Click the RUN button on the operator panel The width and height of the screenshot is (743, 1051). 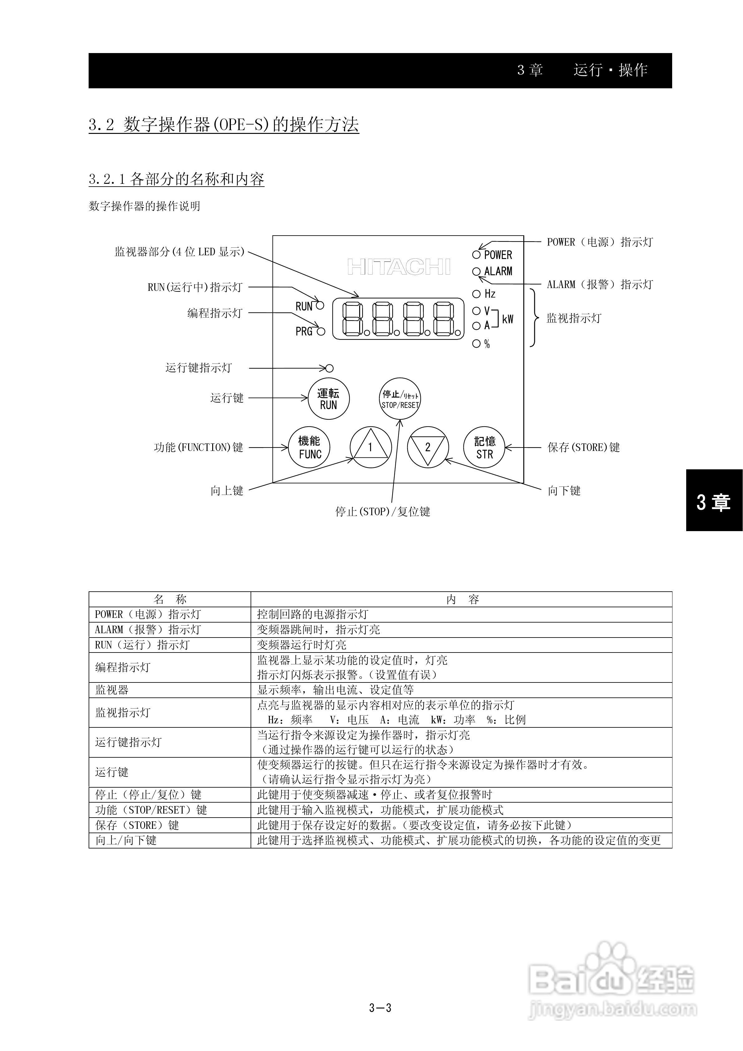click(x=328, y=399)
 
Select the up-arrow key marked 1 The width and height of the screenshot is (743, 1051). click(x=370, y=447)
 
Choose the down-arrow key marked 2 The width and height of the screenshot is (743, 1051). click(x=428, y=447)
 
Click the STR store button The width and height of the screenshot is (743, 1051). click(x=484, y=447)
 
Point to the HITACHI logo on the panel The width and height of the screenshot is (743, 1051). click(x=399, y=267)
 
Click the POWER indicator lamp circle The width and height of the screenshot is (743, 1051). click(x=476, y=255)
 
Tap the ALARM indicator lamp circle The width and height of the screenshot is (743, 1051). click(x=476, y=271)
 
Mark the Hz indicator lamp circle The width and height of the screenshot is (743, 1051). click(x=476, y=294)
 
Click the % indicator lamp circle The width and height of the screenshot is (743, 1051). click(x=476, y=343)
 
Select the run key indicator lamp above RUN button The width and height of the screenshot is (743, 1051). click(x=330, y=368)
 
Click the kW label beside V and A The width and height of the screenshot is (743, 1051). click(x=507, y=319)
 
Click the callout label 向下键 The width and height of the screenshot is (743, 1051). click(x=564, y=491)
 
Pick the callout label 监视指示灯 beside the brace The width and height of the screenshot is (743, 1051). click(x=574, y=318)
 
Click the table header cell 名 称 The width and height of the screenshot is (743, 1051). click(x=170, y=599)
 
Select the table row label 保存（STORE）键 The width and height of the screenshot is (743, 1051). click(x=137, y=825)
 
